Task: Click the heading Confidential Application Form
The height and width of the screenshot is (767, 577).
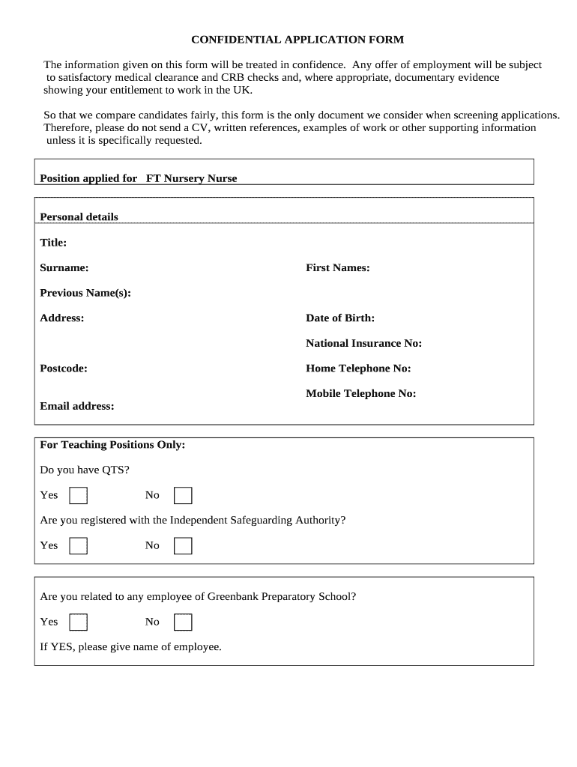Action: coord(297,40)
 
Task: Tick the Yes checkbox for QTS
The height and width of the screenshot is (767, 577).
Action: coord(78,496)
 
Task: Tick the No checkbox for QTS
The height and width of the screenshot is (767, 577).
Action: coord(183,496)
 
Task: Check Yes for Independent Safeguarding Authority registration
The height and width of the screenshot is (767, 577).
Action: coord(78,546)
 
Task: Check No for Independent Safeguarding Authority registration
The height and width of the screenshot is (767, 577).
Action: coord(183,546)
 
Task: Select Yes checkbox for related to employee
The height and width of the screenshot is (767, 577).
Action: coord(78,622)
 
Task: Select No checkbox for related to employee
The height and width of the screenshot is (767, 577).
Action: coord(183,622)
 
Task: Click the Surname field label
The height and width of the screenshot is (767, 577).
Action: coord(64,268)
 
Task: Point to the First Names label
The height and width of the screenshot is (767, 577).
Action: coord(337,268)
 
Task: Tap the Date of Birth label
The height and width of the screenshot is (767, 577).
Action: coord(340,318)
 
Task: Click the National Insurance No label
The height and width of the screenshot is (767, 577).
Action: coord(363,344)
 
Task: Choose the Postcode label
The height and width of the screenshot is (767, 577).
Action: coord(64,369)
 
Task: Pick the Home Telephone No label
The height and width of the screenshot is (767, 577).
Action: coord(358,369)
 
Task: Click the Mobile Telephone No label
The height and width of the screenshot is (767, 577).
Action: coord(360,394)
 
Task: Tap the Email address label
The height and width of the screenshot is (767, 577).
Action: coord(77,407)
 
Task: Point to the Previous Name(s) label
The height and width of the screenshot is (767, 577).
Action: coord(85,293)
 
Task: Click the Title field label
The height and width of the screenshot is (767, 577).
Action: coord(53,243)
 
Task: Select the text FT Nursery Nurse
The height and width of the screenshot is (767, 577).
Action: coord(191,178)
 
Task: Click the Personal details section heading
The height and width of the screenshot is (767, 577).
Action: coord(79,217)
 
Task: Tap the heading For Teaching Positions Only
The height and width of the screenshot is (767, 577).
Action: coord(112,445)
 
